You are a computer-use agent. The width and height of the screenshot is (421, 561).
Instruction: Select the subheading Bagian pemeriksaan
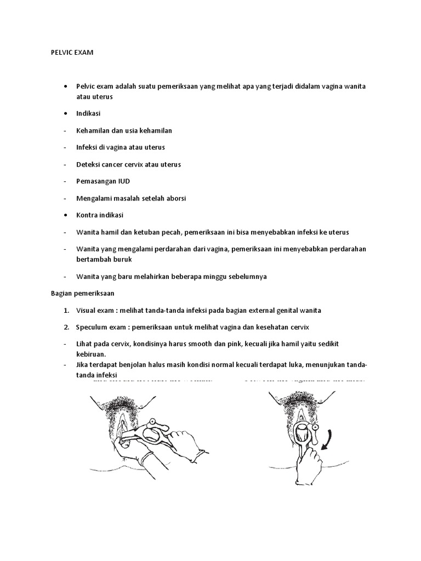tap(78, 293)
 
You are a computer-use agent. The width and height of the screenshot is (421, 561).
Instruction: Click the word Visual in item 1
tap(87, 310)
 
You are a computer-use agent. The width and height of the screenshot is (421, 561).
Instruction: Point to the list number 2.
tap(66, 327)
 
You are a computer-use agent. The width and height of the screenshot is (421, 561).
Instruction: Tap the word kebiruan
tap(91, 354)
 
